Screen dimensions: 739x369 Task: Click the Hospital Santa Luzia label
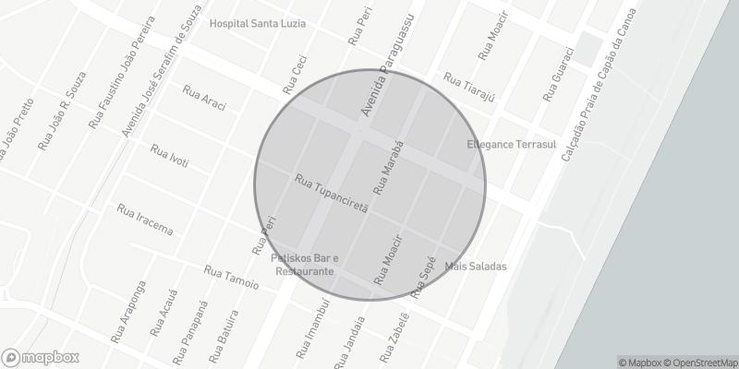coord(257,23)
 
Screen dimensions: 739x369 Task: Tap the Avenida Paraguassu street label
coord(388,65)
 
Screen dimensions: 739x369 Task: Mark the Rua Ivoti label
coord(169,155)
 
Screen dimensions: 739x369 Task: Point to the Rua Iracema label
coord(145,220)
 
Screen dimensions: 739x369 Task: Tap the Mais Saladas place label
coord(476,267)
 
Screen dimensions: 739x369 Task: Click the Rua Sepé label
coord(423,276)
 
